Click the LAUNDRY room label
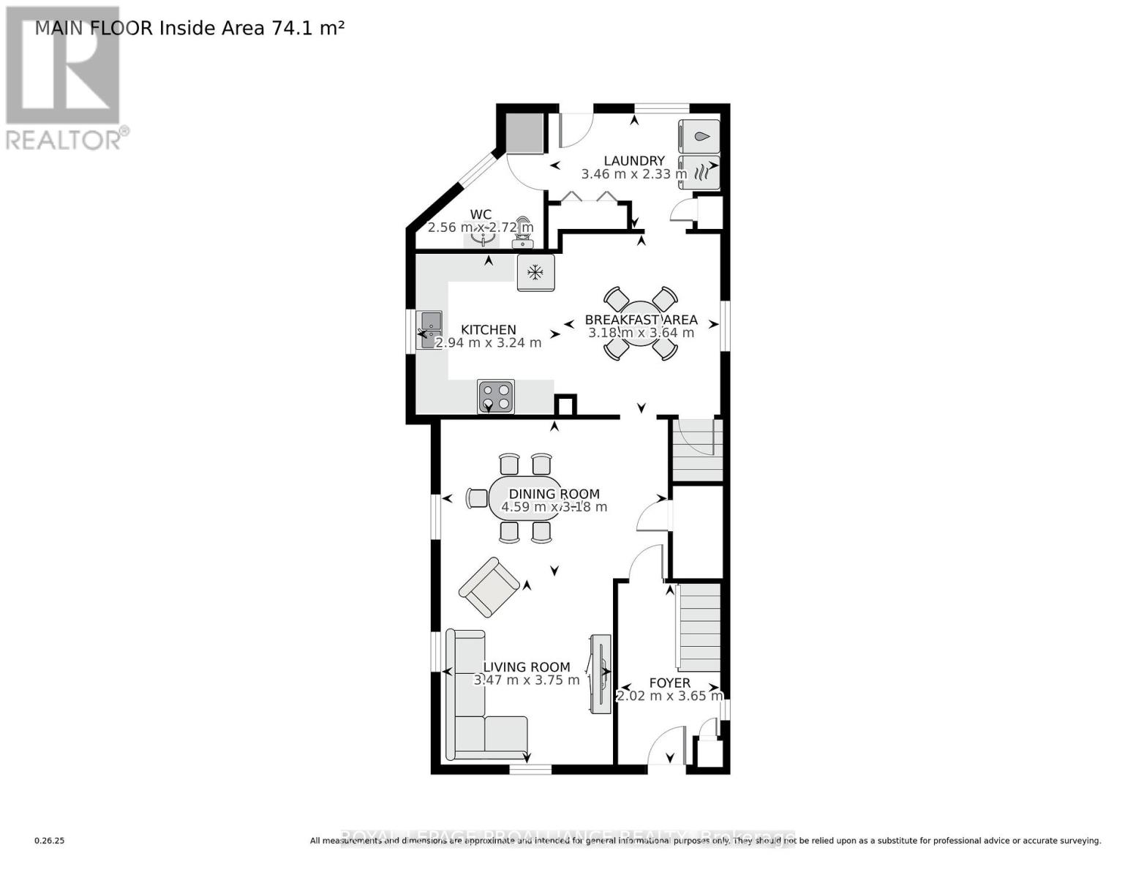click(633, 161)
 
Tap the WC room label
click(481, 214)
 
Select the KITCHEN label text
click(488, 330)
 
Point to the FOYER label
click(669, 683)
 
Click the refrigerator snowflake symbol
click(535, 273)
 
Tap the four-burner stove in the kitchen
click(495, 397)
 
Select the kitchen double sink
click(429, 329)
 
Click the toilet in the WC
click(523, 230)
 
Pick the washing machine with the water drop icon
click(699, 136)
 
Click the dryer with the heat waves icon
click(699, 173)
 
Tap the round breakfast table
click(641, 323)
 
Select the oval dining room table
click(523, 499)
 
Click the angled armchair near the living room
click(489, 587)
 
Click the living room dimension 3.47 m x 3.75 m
click(527, 680)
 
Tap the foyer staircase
click(699, 627)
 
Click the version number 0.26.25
click(50, 841)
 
